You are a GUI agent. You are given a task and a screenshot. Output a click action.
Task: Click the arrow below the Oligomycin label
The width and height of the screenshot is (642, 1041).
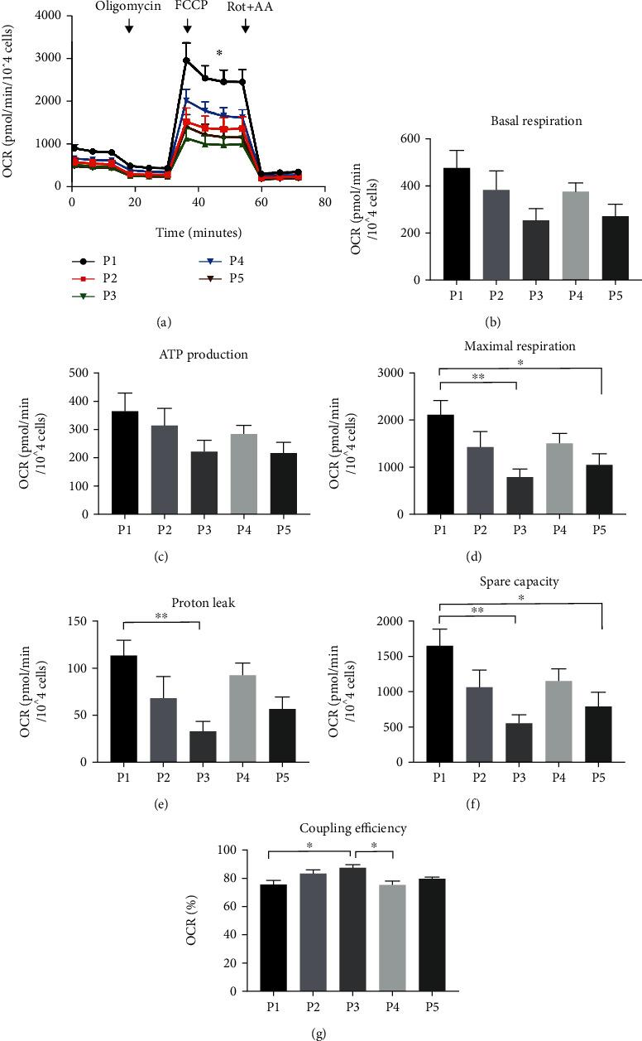tap(128, 28)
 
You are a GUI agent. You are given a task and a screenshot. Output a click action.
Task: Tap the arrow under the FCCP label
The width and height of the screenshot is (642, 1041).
tap(188, 28)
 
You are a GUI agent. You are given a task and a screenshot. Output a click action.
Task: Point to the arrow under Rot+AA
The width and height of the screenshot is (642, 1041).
tap(246, 28)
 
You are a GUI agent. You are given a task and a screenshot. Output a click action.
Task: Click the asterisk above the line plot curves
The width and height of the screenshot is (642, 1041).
tap(219, 55)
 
